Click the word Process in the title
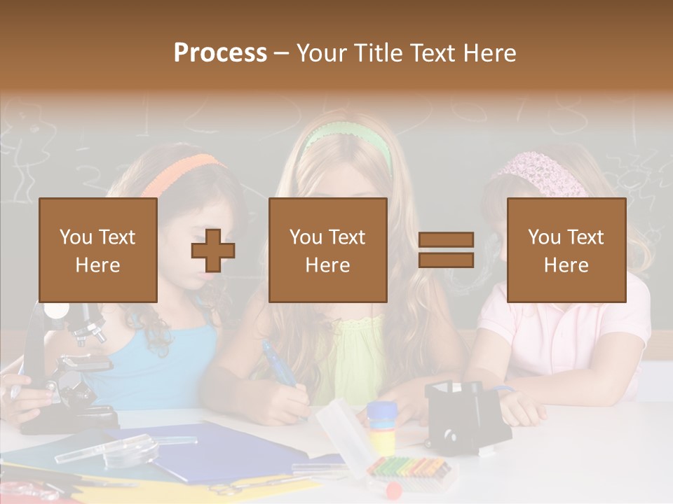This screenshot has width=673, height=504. (220, 52)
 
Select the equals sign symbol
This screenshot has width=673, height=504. (446, 250)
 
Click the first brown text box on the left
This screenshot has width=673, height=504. (98, 250)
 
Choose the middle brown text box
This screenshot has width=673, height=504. (327, 250)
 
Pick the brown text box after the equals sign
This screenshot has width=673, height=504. (566, 250)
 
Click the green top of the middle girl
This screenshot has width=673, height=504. (358, 357)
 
